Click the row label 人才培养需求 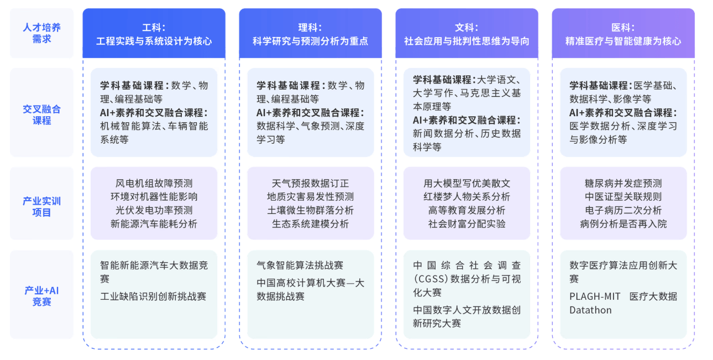41,33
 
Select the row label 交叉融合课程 41,114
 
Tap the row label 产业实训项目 41,206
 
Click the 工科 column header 154,34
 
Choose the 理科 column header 310,34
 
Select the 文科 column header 466,34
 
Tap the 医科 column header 623,34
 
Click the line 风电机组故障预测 154,183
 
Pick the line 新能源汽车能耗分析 154,224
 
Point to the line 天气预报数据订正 310,183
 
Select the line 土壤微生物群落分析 310,210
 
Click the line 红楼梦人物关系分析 466,197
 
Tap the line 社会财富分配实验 466,224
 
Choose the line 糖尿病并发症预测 623,183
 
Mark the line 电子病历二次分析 623,210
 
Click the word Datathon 590,310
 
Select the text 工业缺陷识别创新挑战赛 153,296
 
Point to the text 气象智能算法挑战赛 300,265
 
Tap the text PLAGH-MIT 595,296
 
